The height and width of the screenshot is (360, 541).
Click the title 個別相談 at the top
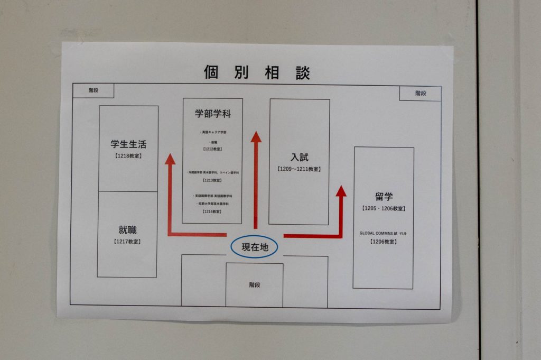pos(257,72)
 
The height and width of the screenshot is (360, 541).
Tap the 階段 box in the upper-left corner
pos(93,90)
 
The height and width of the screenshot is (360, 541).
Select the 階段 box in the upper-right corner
pos(420,94)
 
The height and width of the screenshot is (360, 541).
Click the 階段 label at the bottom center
pos(255,285)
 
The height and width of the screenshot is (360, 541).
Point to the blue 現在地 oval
pos(254,247)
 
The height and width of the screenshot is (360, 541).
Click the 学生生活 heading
pos(128,144)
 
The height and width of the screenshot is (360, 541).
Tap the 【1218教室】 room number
pos(128,156)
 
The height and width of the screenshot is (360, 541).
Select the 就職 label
pos(127,230)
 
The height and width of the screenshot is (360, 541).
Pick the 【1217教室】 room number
pos(127,242)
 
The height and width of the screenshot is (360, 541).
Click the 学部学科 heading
pos(212,114)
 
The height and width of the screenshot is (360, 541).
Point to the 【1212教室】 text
pos(212,150)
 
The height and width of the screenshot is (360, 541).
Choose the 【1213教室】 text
pos(212,180)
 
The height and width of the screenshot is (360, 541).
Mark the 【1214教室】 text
pos(212,211)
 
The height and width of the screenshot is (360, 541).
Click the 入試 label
pos(299,157)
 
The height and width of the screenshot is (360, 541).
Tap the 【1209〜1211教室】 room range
pos(299,169)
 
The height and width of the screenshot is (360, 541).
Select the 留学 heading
pos(384,197)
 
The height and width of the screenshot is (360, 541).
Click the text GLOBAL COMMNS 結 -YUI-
pos(383,233)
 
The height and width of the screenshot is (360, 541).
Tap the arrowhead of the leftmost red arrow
pos(170,159)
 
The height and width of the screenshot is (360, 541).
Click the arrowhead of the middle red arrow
pos(256,137)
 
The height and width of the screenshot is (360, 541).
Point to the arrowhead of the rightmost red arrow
pos(341,191)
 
